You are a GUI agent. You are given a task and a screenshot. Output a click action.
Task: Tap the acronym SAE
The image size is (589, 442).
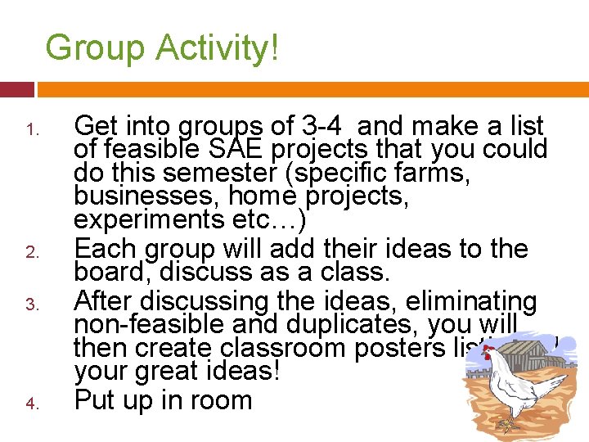tap(231, 150)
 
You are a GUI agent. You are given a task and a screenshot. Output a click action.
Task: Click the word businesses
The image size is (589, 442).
tap(136, 196)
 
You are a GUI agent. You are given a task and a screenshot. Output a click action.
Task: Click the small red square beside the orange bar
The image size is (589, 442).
tap(16, 88)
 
